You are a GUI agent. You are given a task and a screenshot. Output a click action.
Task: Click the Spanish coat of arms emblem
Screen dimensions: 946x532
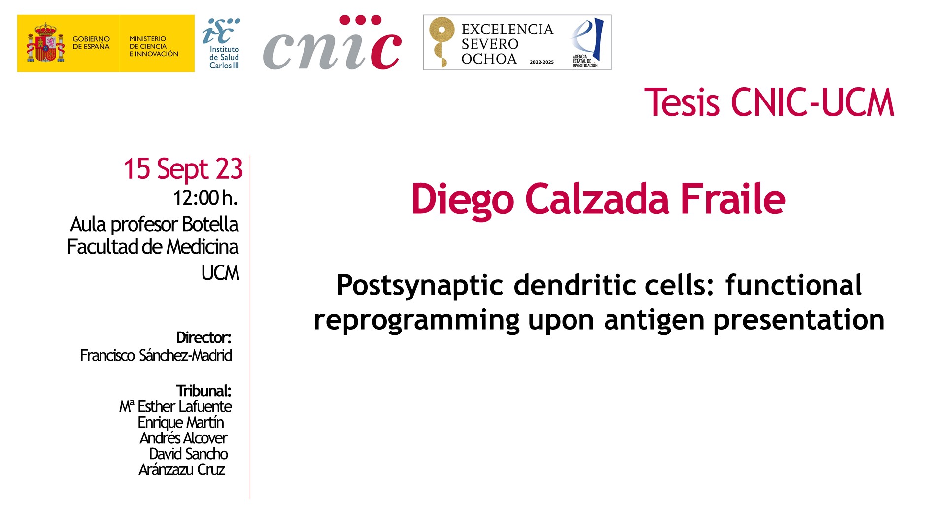pyautogui.click(x=45, y=43)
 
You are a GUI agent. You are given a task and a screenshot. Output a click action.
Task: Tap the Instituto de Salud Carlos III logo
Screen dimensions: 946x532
pyautogui.click(x=221, y=43)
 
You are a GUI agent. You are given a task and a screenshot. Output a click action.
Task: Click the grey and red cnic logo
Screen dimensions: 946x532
pyautogui.click(x=332, y=43)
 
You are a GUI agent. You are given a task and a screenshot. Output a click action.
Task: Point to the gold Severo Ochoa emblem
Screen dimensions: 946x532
pyautogui.click(x=440, y=42)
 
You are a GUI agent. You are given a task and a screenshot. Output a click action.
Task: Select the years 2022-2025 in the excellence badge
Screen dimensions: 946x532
pyautogui.click(x=541, y=62)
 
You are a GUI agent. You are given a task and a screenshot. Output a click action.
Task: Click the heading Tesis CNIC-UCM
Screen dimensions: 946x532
pyautogui.click(x=769, y=102)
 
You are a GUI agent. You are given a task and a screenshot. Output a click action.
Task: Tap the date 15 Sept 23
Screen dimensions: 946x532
pyautogui.click(x=183, y=169)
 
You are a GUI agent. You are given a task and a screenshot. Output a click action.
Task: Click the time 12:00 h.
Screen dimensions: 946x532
pyautogui.click(x=205, y=198)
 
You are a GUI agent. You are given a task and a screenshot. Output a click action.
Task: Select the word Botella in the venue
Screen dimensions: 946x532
pyautogui.click(x=210, y=224)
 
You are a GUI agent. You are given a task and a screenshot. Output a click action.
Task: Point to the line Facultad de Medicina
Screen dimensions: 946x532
pyautogui.click(x=153, y=247)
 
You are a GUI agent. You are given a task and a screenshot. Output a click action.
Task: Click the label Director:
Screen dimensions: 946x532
pyautogui.click(x=203, y=338)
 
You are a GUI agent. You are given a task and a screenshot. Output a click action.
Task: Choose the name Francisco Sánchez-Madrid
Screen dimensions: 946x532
pyautogui.click(x=156, y=355)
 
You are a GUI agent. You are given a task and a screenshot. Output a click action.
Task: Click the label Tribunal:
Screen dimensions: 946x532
pyautogui.click(x=203, y=391)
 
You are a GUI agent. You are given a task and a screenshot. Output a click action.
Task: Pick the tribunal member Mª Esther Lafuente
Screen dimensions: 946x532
pyautogui.click(x=175, y=406)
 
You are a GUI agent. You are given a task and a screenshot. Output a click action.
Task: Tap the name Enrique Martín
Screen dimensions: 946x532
pyautogui.click(x=181, y=422)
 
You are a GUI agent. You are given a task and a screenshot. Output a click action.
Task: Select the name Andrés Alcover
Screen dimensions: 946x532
pyautogui.click(x=183, y=438)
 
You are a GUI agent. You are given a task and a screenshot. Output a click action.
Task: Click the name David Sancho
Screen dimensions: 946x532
pyautogui.click(x=188, y=454)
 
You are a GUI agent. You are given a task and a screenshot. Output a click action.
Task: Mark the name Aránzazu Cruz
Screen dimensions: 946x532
pyautogui.click(x=182, y=469)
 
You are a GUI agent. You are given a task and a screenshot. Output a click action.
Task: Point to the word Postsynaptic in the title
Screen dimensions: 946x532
pyautogui.click(x=420, y=286)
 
